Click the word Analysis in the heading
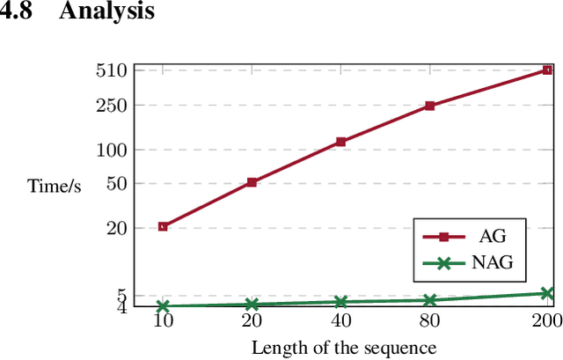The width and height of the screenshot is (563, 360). tap(106, 12)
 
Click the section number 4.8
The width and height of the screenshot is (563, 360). tap(19, 12)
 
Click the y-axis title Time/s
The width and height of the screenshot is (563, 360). tap(55, 187)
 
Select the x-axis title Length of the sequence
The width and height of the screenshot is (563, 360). tap(343, 348)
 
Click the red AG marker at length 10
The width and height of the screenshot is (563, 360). tap(163, 227)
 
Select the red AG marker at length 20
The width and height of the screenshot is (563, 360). tap(252, 182)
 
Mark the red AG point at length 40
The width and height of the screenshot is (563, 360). tap(340, 142)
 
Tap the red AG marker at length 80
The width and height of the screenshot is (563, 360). tap(429, 106)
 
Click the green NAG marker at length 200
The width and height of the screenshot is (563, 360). tap(546, 293)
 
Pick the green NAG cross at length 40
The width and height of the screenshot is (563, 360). tap(340, 302)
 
